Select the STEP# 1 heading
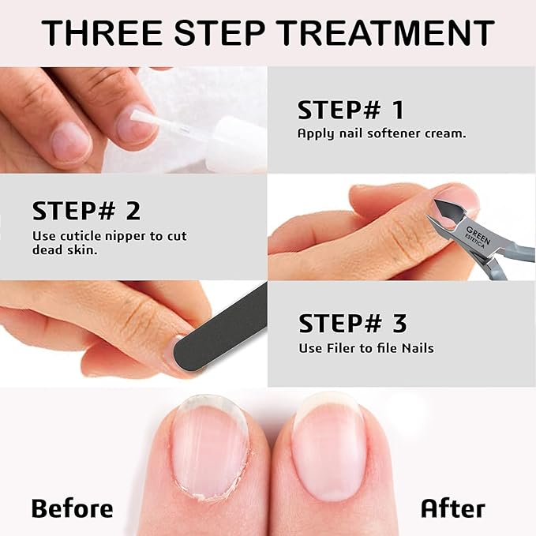pyautogui.click(x=350, y=110)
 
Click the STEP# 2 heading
pyautogui.click(x=86, y=211)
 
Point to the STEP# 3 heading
pyautogui.click(x=352, y=323)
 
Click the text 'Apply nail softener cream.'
pyautogui.click(x=381, y=133)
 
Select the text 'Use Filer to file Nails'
pyautogui.click(x=365, y=348)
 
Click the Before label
pyautogui.click(x=72, y=508)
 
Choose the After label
pyautogui.click(x=452, y=508)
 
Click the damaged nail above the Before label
pyautogui.click(x=207, y=446)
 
